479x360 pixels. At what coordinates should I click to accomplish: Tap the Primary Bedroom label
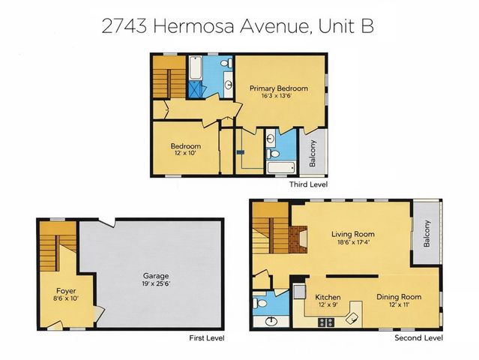coord(279,88)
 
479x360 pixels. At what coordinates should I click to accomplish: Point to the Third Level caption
coord(308,184)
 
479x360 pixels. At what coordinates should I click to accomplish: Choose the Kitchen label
coord(328,297)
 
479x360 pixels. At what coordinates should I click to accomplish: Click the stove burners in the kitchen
coord(327,322)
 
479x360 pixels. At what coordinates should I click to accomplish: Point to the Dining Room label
coord(399,297)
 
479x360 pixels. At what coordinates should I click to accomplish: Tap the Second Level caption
coord(418,338)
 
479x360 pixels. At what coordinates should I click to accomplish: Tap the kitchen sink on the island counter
coord(349,318)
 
